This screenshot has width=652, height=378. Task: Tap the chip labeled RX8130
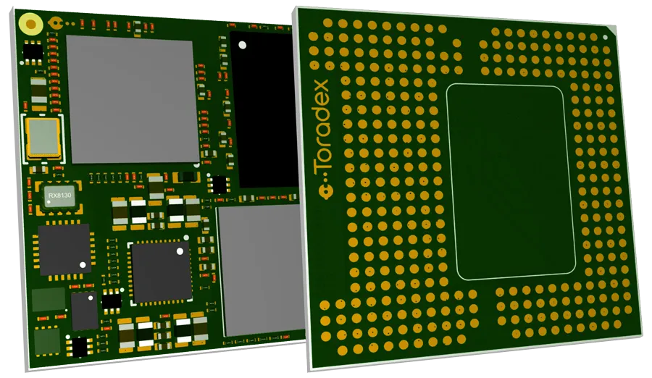[55, 196]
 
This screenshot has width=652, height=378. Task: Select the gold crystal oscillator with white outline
[43, 138]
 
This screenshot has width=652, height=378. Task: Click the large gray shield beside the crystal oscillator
[132, 99]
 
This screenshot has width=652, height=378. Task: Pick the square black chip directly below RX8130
[64, 249]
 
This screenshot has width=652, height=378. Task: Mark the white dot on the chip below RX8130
[83, 265]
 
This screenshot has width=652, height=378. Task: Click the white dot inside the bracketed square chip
[180, 252]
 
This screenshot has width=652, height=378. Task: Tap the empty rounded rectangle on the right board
[510, 181]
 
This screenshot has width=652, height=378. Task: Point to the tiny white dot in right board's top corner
[606, 36]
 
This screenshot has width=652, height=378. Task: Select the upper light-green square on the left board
[49, 300]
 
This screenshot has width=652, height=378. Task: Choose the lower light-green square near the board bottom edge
[47, 340]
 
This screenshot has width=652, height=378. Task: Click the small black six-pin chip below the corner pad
[33, 51]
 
